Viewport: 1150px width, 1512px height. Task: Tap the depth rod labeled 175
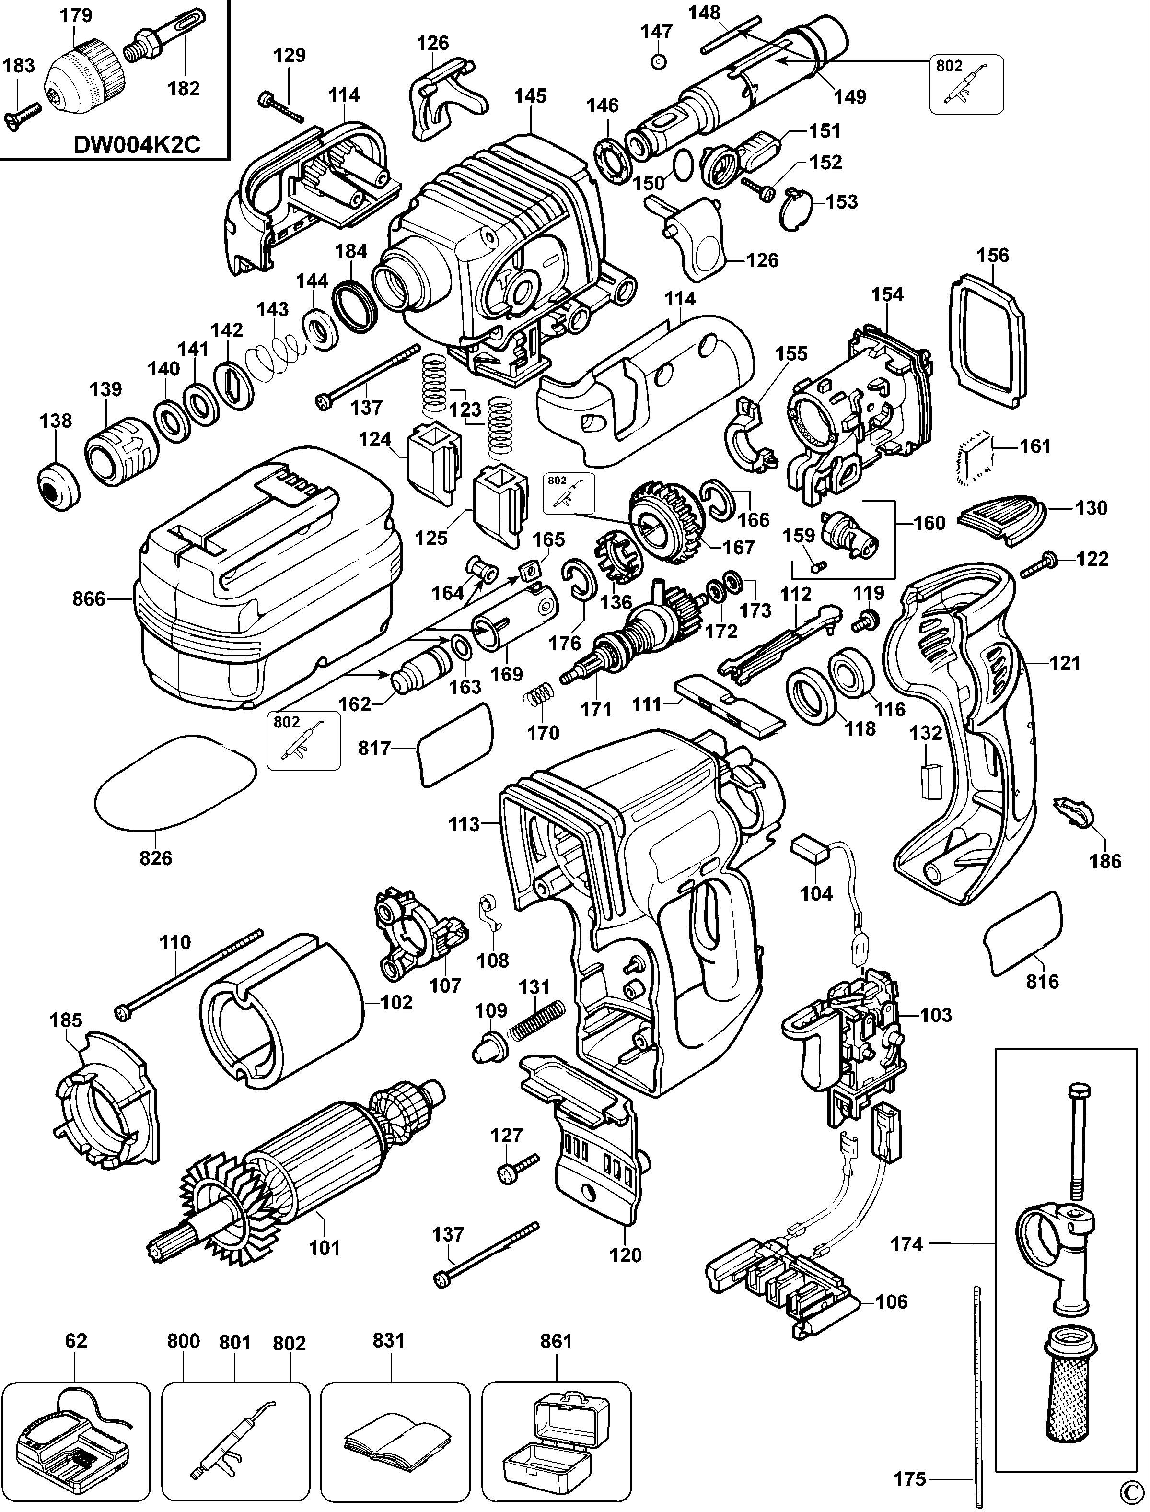tap(974, 1397)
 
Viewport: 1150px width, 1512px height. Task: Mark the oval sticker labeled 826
tap(174, 783)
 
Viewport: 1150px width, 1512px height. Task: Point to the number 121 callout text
tap(1065, 663)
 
